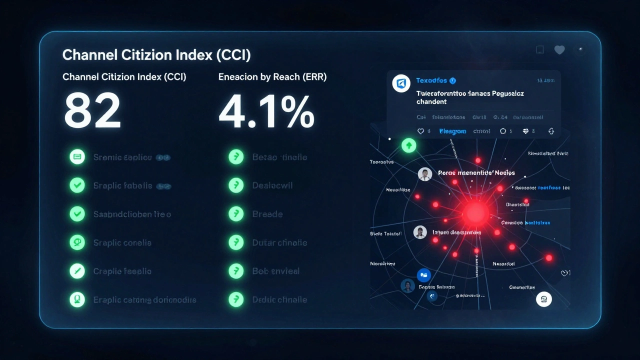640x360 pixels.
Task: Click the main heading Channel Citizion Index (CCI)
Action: (156, 55)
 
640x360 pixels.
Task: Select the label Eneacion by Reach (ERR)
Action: (272, 77)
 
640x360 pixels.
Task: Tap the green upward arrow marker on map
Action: (409, 146)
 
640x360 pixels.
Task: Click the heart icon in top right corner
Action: (559, 49)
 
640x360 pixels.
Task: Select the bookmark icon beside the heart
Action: (539, 49)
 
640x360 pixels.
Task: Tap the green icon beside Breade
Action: (235, 214)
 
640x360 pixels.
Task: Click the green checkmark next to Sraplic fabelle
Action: (77, 185)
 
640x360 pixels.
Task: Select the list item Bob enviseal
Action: (275, 271)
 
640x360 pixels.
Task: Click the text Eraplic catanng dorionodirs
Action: (144, 300)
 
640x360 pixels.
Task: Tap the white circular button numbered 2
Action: (543, 299)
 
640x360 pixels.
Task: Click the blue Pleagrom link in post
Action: (452, 131)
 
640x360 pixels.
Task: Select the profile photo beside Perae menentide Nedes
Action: (424, 174)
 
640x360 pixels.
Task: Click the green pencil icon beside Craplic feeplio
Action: (77, 271)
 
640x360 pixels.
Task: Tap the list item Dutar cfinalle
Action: (279, 242)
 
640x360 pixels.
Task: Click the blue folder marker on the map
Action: (423, 274)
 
